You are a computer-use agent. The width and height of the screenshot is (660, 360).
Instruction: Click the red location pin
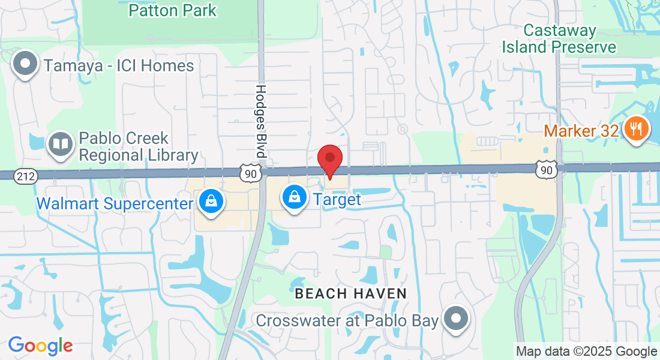(329, 158)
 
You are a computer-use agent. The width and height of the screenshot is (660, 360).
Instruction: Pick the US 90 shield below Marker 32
(546, 170)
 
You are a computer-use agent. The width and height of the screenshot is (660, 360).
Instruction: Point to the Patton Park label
(172, 10)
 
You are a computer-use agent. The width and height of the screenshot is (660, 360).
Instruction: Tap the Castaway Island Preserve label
(559, 38)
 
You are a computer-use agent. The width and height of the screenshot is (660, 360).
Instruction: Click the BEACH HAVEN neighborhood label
(351, 293)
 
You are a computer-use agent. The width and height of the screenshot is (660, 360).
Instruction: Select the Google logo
(40, 346)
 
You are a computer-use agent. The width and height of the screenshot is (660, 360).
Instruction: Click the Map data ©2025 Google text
(587, 352)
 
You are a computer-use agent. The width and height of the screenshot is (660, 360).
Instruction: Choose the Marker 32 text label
(581, 130)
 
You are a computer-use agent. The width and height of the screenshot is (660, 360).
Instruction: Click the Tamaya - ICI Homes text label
(118, 65)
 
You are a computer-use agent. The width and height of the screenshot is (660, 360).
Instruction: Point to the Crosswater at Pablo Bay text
(347, 320)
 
